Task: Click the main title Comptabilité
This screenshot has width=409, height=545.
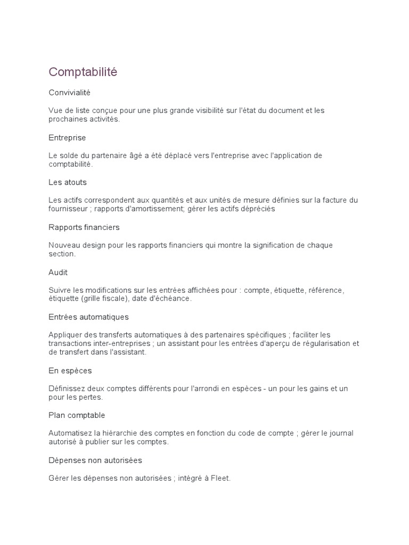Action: click(x=83, y=72)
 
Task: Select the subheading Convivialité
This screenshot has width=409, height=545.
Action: click(x=70, y=93)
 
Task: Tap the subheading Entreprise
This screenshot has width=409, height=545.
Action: click(x=67, y=137)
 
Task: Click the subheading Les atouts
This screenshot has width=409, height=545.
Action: click(x=67, y=182)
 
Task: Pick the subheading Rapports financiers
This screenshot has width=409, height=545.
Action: click(x=84, y=227)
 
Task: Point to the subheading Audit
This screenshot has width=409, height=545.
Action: click(x=58, y=272)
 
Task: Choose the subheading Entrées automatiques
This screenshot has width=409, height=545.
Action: click(x=88, y=317)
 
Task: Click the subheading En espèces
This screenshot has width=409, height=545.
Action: click(x=70, y=370)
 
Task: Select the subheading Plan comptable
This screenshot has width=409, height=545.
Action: click(x=77, y=415)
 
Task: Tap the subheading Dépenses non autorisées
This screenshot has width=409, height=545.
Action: click(x=95, y=460)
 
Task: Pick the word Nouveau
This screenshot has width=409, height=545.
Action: click(x=64, y=245)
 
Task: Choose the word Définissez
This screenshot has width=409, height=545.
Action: click(x=67, y=389)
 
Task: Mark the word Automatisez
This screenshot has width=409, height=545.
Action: click(x=70, y=433)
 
